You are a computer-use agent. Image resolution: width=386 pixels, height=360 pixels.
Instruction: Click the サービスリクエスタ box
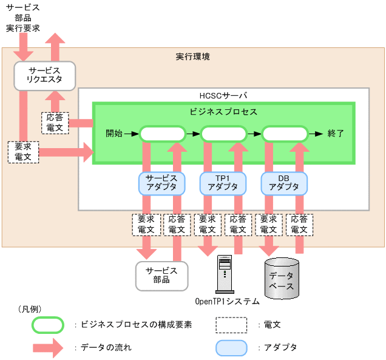point(44,75)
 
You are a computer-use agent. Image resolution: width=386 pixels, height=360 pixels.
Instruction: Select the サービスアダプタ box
point(161,182)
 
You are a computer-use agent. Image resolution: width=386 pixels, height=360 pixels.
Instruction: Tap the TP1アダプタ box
point(223,182)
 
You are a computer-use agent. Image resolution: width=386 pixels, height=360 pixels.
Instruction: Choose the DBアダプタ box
point(284,182)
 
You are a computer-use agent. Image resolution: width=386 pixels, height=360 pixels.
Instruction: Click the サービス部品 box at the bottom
point(161,275)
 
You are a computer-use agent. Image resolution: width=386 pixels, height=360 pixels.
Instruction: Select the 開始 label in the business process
point(113,134)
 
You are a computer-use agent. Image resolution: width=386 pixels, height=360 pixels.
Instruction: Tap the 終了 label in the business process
point(336,134)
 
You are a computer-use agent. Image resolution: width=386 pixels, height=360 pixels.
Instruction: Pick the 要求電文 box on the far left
point(23,151)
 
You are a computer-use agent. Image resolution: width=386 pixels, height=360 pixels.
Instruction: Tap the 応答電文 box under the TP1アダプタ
point(239,225)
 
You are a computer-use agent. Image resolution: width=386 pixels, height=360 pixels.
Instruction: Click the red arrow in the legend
point(48,348)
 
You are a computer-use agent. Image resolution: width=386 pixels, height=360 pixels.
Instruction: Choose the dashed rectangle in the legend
point(231,325)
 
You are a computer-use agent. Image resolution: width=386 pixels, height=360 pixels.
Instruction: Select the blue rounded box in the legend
point(231,348)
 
